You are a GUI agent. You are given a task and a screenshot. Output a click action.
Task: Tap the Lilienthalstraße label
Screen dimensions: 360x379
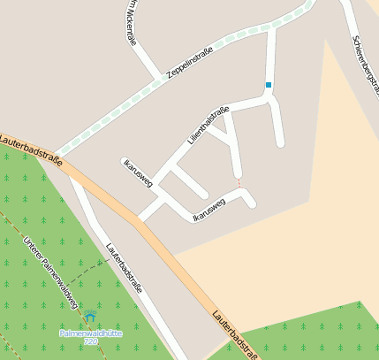(208, 126)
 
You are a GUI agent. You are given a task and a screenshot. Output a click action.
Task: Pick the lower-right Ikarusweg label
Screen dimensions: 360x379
(209, 210)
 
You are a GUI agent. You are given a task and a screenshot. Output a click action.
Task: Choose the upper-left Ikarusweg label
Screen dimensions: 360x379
(139, 172)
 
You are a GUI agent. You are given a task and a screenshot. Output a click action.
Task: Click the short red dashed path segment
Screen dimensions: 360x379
(238, 181)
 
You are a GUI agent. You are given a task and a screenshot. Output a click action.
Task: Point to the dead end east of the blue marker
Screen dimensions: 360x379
(280, 142)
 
